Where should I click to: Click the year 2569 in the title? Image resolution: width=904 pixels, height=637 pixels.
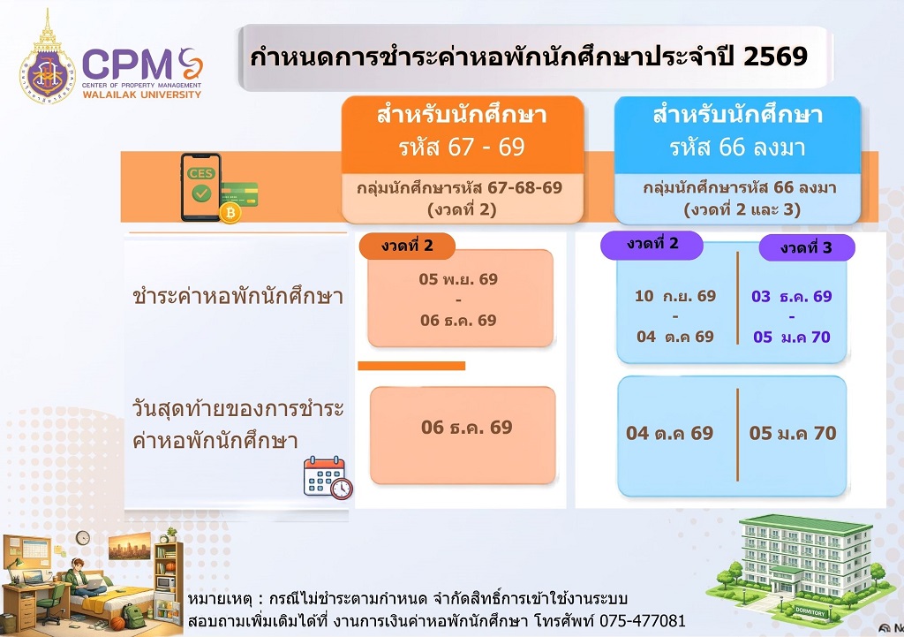point(775,57)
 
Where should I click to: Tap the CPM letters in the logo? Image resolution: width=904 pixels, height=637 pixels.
point(127,64)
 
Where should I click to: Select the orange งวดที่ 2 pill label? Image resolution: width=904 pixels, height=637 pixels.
point(407,246)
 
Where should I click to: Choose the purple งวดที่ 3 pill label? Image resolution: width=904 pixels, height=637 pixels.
point(807,248)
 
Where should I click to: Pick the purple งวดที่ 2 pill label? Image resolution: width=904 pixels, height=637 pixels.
point(652,245)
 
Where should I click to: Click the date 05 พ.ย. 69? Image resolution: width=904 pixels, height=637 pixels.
point(458,279)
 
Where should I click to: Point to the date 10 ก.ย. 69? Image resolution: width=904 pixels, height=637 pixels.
point(675,296)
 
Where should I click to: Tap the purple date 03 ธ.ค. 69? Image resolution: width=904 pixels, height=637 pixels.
point(792,297)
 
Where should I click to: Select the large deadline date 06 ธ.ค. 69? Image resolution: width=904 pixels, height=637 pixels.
point(466,427)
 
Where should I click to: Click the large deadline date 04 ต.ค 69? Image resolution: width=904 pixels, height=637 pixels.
point(669,433)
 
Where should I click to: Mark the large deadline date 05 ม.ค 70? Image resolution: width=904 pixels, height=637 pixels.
point(793,433)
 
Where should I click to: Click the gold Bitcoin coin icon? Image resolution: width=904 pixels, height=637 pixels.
point(230,213)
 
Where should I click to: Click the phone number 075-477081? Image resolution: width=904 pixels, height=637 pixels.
point(643,621)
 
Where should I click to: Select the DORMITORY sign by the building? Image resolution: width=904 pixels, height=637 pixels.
point(810,611)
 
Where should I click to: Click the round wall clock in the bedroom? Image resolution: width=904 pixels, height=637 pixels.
point(83,538)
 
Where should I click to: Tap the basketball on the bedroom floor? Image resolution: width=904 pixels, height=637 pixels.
point(117,623)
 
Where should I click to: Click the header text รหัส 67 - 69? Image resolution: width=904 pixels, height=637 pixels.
point(462,148)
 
